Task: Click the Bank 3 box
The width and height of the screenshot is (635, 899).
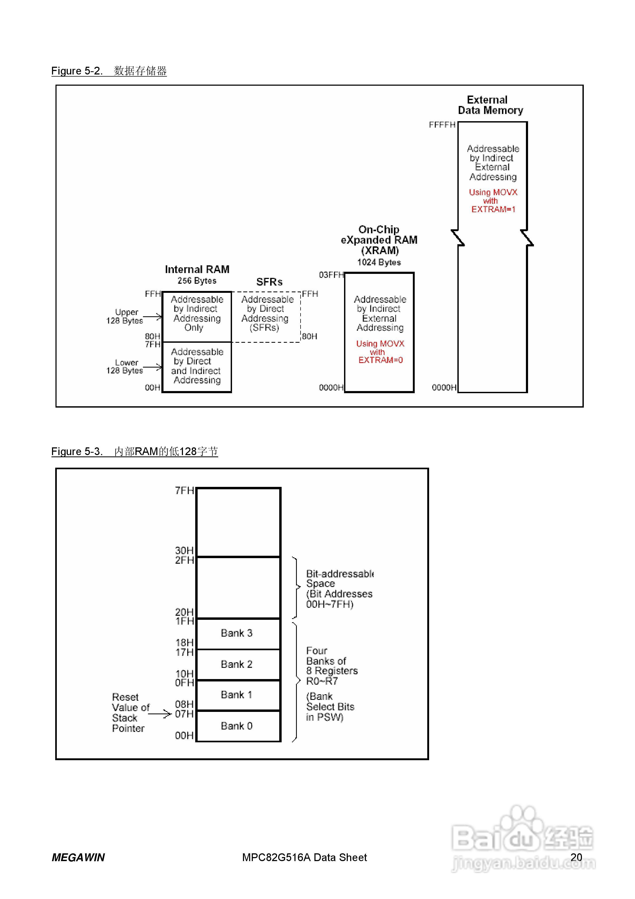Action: point(238,633)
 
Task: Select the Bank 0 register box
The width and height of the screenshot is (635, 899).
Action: point(238,726)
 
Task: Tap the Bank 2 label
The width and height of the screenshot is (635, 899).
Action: point(237,664)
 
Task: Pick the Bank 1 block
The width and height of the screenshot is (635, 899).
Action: point(238,695)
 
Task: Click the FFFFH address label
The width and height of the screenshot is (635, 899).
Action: point(442,125)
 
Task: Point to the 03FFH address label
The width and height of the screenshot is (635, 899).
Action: point(331,275)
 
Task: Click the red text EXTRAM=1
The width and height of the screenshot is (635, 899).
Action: point(493,210)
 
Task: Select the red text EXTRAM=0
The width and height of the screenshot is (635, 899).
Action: point(380,360)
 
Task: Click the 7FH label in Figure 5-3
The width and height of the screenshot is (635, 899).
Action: point(184,490)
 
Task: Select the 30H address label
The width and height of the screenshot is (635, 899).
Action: point(184,550)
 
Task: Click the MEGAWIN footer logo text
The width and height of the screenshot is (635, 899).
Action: point(78,858)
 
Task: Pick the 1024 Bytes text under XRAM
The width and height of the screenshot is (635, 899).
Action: point(379,262)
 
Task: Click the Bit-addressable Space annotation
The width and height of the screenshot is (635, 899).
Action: point(339,589)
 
